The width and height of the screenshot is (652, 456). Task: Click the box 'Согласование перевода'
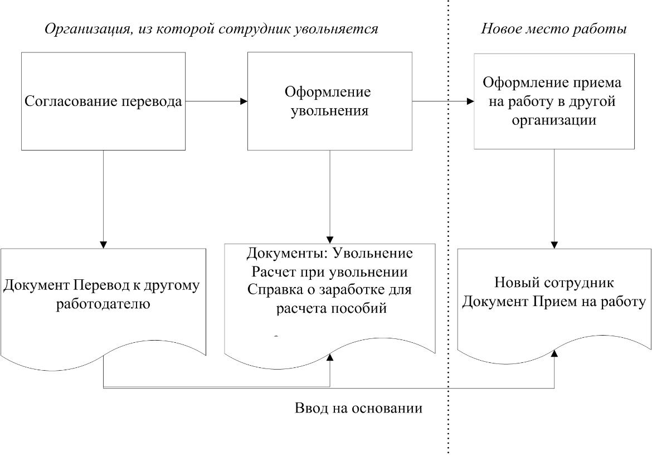pyautogui.click(x=104, y=101)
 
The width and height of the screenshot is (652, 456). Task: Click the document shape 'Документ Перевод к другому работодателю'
pyautogui.click(x=104, y=301)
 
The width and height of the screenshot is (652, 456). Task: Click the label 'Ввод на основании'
pyautogui.click(x=358, y=408)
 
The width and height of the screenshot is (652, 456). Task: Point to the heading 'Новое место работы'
pyautogui.click(x=554, y=29)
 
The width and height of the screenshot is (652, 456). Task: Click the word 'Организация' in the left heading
pyautogui.click(x=82, y=29)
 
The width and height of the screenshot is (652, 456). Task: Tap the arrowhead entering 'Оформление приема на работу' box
pyautogui.click(x=470, y=101)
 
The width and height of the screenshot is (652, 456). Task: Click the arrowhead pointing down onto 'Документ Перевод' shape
pyautogui.click(x=104, y=244)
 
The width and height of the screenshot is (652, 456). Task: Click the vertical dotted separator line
pyautogui.click(x=448, y=223)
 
